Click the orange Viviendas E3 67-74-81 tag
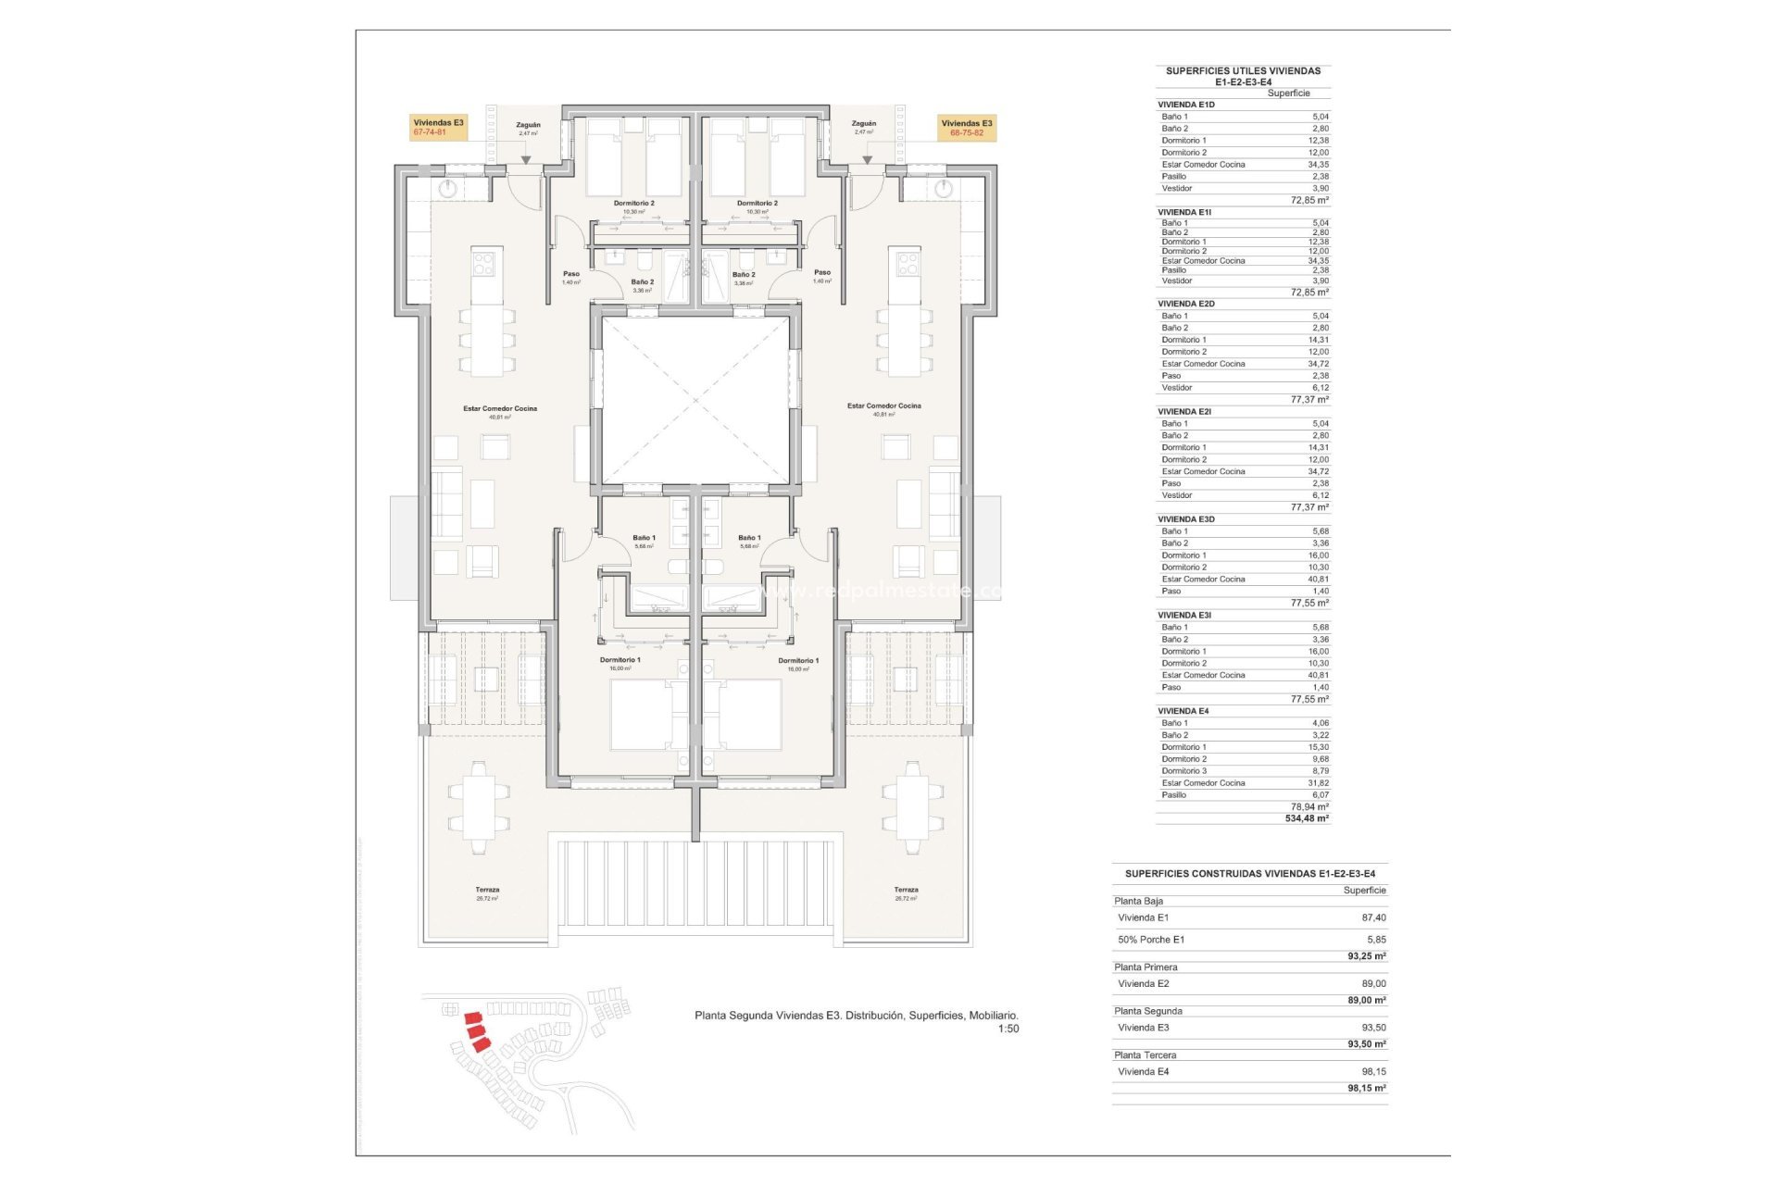[438, 128]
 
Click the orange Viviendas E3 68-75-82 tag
[967, 128]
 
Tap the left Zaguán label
[528, 125]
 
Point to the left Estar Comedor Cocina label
[500, 408]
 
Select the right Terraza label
[906, 890]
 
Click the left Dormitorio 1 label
[620, 660]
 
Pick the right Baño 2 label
[743, 275]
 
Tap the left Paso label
[571, 274]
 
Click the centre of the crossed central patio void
[695, 400]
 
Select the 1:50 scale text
[1008, 1029]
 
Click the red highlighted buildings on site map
[477, 1030]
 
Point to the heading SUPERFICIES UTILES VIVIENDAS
[1243, 70]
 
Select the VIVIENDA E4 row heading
[1183, 711]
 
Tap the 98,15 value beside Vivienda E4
[1373, 1071]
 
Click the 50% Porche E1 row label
[1151, 940]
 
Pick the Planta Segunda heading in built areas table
[1148, 1011]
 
